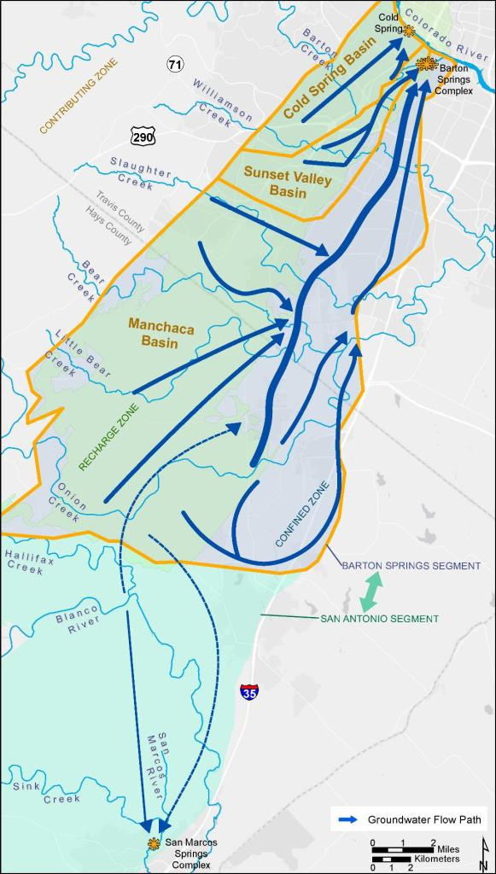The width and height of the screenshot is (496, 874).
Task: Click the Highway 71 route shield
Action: [x=175, y=65]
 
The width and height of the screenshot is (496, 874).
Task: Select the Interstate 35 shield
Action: [x=249, y=692]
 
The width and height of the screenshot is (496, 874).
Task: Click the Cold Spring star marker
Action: [x=409, y=32]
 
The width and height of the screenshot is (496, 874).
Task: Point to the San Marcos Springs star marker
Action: [x=155, y=843]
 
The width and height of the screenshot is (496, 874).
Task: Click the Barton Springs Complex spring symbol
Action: [x=426, y=63]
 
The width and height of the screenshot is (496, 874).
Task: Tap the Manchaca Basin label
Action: [x=154, y=334]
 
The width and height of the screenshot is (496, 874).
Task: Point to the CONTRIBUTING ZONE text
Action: [x=79, y=95]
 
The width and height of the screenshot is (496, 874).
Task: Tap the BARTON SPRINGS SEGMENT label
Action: [x=411, y=565]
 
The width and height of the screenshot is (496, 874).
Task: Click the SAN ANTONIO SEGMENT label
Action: [x=379, y=619]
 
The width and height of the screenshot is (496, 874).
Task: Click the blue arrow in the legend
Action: [x=347, y=820]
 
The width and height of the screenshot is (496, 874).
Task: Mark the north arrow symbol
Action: [x=483, y=854]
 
